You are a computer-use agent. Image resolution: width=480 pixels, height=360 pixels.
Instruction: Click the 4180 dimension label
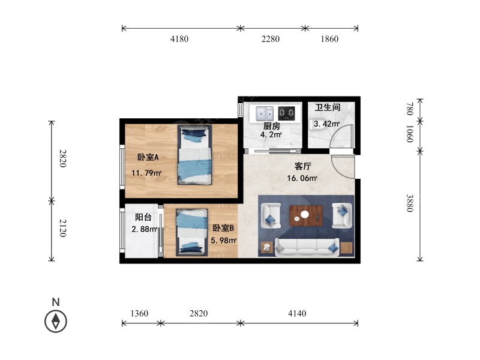tap(179, 39)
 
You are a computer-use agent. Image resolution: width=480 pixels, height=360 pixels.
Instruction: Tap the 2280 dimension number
tap(271, 39)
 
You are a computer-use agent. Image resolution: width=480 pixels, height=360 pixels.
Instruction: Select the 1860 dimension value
tap(329, 39)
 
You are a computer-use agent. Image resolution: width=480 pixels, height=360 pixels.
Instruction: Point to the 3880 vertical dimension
tap(410, 203)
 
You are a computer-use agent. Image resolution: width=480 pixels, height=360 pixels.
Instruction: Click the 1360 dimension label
tap(139, 313)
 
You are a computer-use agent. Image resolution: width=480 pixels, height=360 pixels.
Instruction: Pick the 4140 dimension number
tap(297, 313)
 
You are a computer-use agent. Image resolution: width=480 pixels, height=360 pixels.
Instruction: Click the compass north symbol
tap(56, 321)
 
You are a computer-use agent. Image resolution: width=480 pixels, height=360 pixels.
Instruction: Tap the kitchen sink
tap(265, 113)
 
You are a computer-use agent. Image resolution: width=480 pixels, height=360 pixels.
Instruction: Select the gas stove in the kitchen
tap(287, 113)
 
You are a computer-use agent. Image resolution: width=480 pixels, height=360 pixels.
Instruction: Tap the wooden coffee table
tap(306, 215)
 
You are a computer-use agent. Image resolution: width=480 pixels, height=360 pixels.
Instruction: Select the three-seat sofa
tap(307, 247)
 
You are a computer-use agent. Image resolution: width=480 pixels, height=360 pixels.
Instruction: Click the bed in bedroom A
tap(194, 155)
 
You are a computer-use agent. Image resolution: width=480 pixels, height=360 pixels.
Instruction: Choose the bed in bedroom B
tap(191, 232)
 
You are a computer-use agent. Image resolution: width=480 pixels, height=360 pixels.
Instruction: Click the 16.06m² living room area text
tap(302, 178)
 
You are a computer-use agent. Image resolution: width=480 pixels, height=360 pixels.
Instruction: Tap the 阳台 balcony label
tap(143, 217)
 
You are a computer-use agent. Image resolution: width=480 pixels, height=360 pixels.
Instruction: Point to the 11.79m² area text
tap(146, 173)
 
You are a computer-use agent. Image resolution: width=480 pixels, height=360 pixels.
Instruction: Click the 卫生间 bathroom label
tap(328, 107)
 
